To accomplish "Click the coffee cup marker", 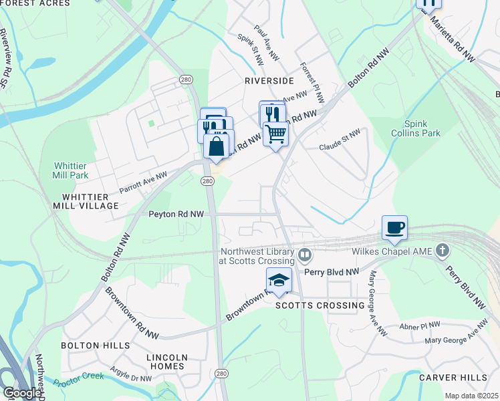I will [394, 228].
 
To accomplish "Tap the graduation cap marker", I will [279, 280].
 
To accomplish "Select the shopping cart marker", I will [275, 134].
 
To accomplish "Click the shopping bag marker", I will [216, 146].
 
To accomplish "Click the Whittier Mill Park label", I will [71, 170].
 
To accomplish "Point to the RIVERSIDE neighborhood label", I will [269, 80].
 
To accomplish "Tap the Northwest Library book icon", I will [305, 254].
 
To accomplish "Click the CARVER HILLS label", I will [453, 378].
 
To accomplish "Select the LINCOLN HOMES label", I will [166, 362].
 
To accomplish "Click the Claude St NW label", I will [339, 146].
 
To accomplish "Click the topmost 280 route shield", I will [186, 80].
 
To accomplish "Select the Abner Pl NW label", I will [420, 324].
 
